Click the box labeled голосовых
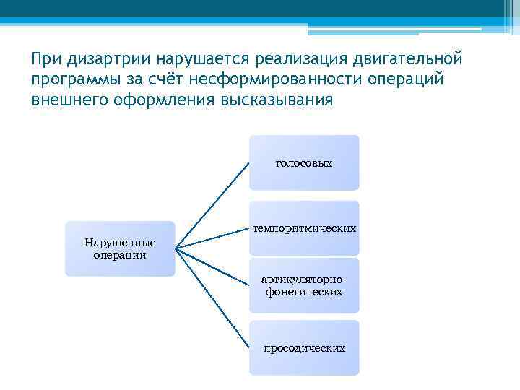pos(304,163)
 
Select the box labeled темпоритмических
pos(304,228)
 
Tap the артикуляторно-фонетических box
pos(304,286)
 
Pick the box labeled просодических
pos(304,348)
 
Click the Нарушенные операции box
pos(120,248)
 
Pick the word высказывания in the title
pos(274,99)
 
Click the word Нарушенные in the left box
pos(120,243)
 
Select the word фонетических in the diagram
pos(304,292)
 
